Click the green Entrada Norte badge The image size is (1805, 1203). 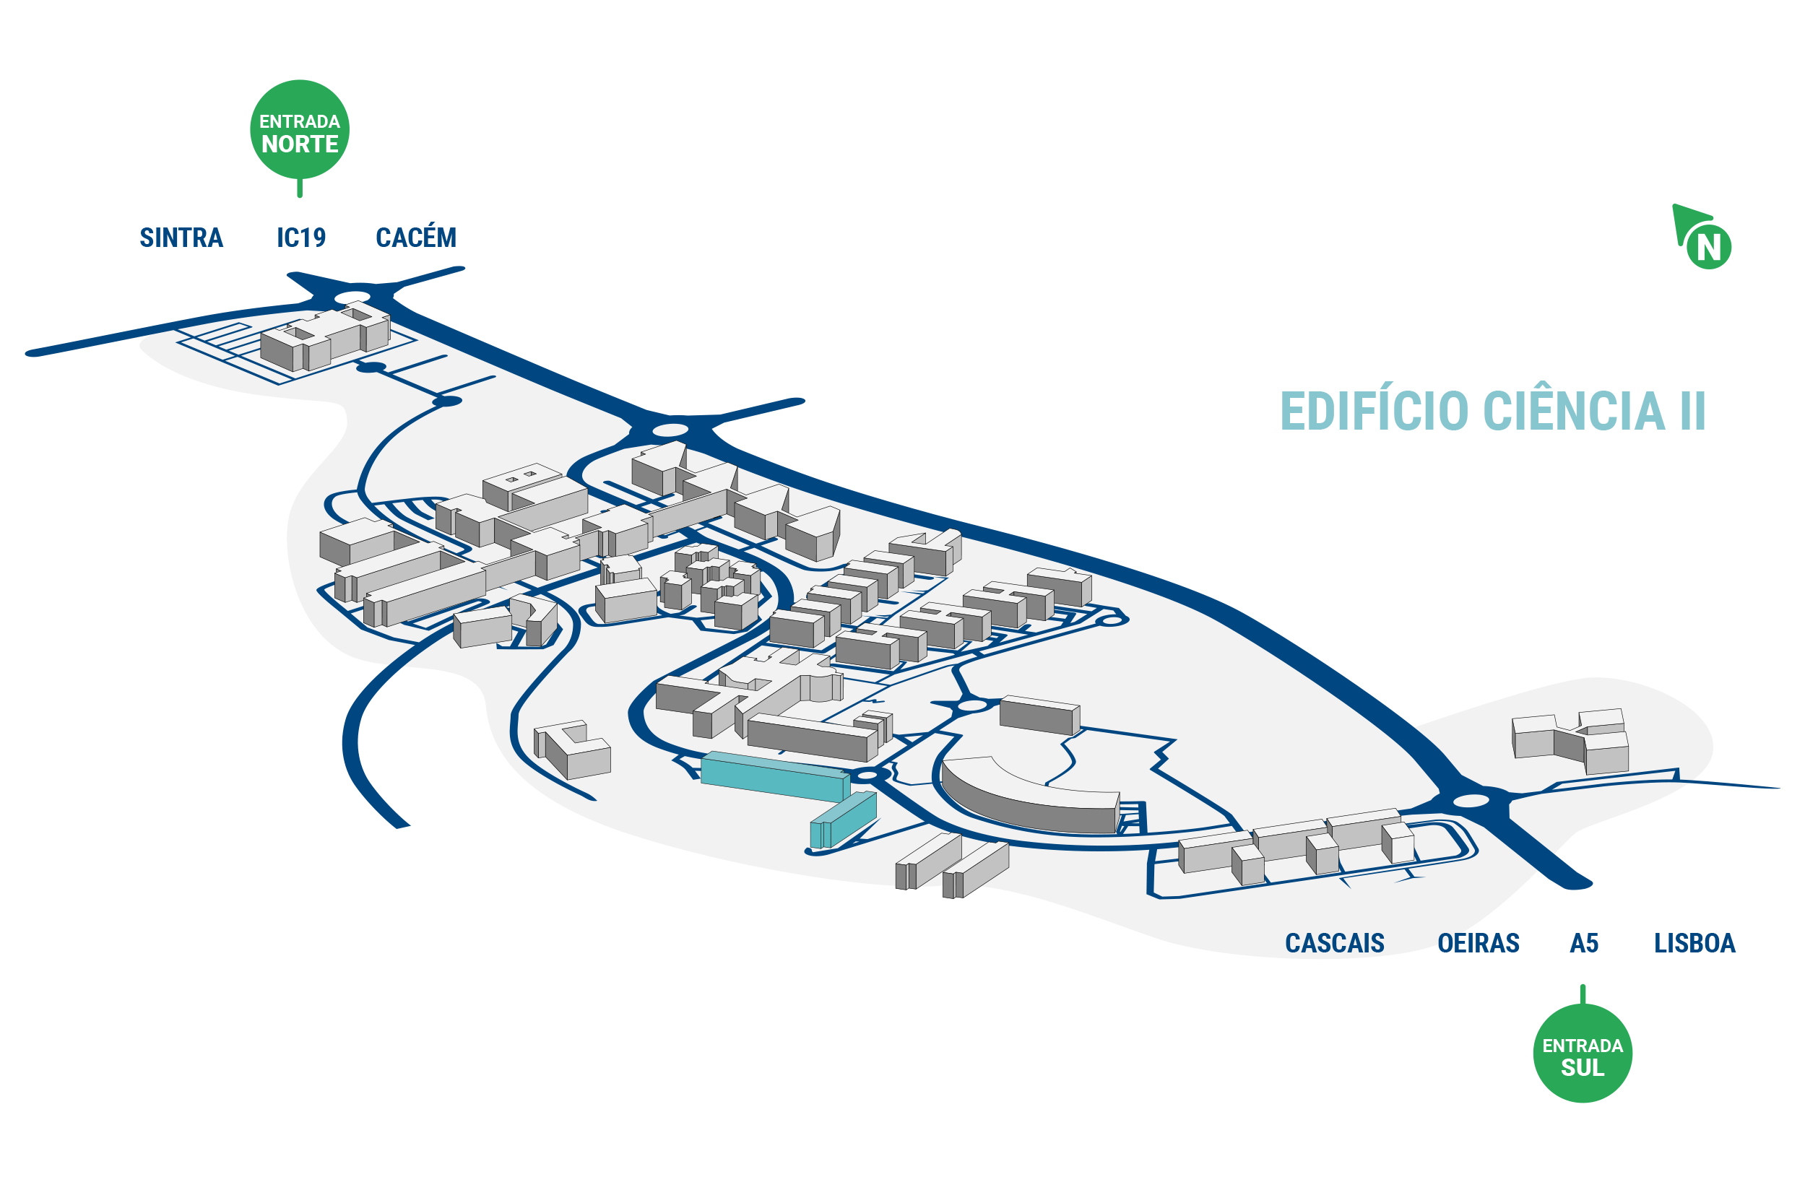[299, 131]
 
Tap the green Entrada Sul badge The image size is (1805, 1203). [1583, 1052]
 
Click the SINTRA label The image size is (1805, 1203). [181, 238]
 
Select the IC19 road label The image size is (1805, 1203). [300, 238]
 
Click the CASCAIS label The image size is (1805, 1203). [1335, 943]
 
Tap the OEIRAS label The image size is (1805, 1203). [1478, 943]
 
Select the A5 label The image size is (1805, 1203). [1584, 943]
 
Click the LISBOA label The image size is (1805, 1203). [1694, 943]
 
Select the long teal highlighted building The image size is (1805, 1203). [775, 776]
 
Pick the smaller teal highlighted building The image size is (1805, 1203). [843, 820]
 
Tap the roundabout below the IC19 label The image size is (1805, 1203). [352, 297]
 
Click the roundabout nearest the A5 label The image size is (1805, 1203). [1471, 801]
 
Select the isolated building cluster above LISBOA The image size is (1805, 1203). [1570, 741]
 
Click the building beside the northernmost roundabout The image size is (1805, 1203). [325, 338]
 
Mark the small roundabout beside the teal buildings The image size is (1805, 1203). [867, 776]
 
